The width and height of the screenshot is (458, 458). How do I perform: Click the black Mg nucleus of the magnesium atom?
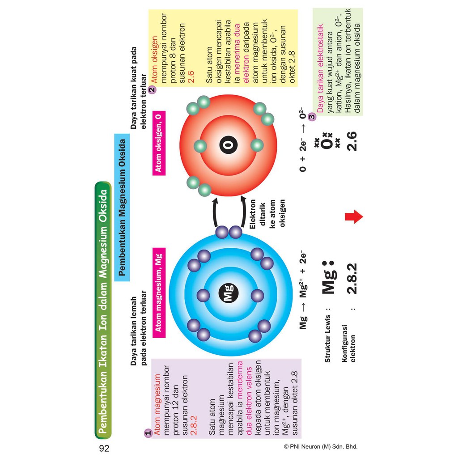228,295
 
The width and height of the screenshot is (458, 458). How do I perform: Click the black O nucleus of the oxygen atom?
229,145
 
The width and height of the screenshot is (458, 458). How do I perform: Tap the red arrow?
354,217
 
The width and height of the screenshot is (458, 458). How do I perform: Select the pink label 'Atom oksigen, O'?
158,143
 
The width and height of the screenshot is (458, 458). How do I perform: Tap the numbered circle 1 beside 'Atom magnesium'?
147,433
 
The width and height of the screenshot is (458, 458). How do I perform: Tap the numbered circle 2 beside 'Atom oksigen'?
152,89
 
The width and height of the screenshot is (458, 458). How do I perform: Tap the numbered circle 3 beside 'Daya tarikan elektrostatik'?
311,117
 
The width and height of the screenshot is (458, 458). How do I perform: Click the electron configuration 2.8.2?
352,278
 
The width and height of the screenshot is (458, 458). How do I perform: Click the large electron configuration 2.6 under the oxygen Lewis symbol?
352,141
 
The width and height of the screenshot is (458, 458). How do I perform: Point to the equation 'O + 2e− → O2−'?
304,140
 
